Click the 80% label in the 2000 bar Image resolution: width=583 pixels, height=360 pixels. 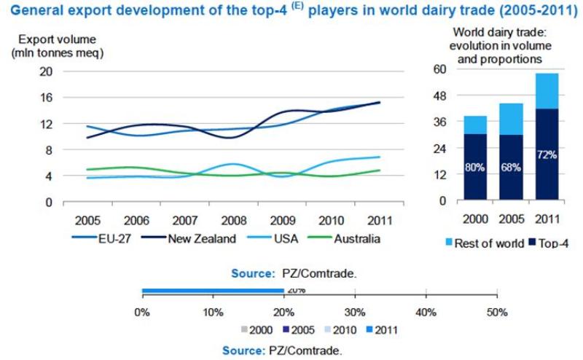[475, 167]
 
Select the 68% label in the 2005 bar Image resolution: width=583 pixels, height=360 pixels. [511, 167]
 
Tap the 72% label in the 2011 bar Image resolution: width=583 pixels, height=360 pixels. [547, 155]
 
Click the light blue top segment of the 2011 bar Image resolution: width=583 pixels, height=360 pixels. [547, 91]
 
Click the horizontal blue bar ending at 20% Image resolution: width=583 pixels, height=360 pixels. [212, 291]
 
